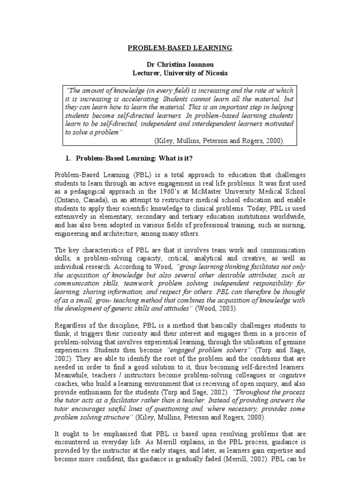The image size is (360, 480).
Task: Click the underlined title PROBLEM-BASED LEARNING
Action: click(x=180, y=48)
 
